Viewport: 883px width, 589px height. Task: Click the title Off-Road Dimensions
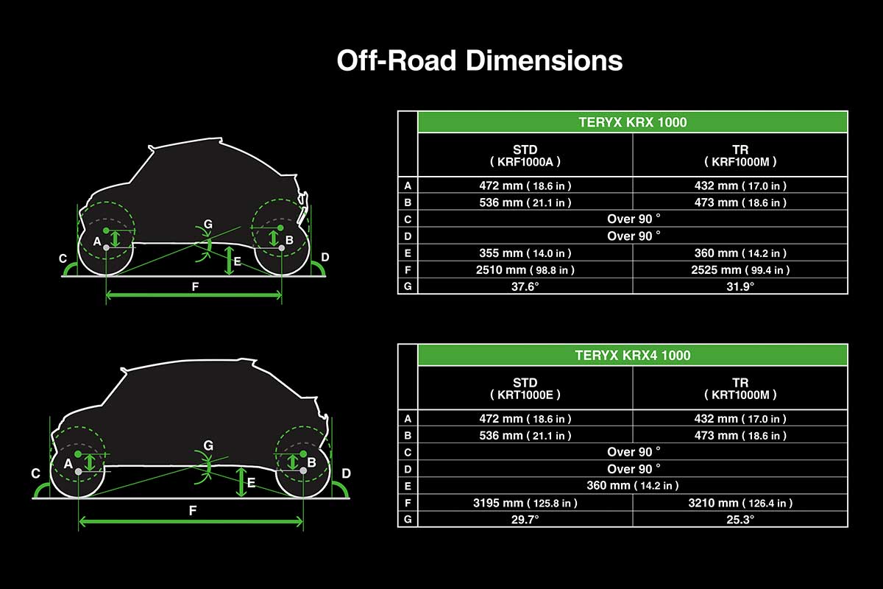[x=479, y=61]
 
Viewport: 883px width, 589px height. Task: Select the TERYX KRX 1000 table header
[x=633, y=122]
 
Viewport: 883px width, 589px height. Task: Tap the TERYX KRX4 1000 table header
[x=633, y=355]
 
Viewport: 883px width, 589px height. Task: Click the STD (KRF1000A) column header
[x=525, y=155]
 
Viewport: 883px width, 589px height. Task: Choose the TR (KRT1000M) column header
[x=740, y=388]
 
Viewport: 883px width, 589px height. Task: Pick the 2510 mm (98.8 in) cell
[x=525, y=270]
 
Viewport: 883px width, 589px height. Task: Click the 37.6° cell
[x=525, y=286]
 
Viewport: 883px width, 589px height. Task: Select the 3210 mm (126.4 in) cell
[x=740, y=503]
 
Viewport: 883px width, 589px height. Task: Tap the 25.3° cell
[x=740, y=520]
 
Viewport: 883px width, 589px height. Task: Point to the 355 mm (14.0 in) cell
[x=525, y=253]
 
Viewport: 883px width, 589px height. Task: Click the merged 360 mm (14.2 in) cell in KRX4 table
[x=633, y=486]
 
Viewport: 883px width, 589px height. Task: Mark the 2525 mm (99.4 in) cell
[x=740, y=270]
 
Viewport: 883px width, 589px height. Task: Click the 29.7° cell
[x=525, y=520]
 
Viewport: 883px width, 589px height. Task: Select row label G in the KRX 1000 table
[x=408, y=286]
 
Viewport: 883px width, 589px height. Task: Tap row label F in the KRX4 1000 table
[x=408, y=503]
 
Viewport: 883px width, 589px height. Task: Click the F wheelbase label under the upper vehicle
[x=195, y=287]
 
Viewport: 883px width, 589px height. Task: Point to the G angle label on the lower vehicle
[x=208, y=445]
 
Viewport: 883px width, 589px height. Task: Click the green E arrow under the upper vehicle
[x=229, y=261]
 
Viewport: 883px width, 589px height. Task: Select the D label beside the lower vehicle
[x=346, y=473]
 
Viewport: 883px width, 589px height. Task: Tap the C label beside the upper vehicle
[x=63, y=258]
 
